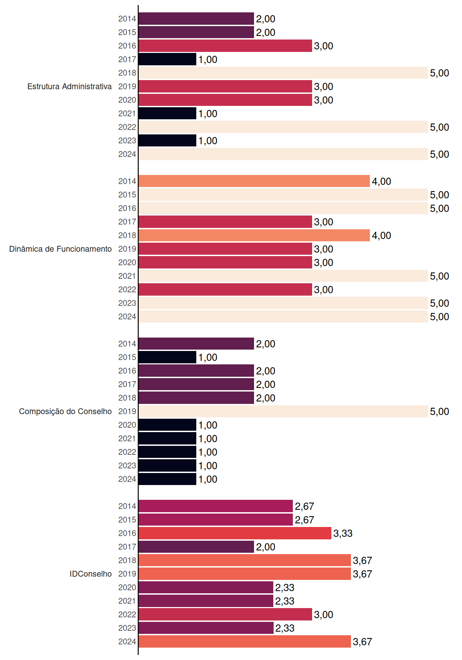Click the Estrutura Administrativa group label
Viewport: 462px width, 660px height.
tap(69, 86)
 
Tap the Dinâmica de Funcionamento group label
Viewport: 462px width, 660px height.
tap(60, 249)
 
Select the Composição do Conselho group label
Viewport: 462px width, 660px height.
tap(65, 411)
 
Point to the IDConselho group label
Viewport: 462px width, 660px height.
tap(91, 574)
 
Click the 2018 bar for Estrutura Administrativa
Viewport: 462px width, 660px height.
tap(283, 73)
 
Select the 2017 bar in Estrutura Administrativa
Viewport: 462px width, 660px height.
tap(167, 59)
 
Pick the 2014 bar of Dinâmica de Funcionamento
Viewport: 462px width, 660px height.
tap(254, 181)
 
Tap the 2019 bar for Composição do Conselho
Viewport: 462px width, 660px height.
tap(283, 411)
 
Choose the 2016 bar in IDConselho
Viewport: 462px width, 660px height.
tap(235, 533)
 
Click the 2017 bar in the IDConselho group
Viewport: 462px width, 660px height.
tap(196, 547)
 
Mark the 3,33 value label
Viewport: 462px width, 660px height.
tap(343, 533)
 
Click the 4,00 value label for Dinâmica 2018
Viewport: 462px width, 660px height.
tap(382, 235)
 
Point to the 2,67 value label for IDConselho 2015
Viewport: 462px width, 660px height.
tap(305, 520)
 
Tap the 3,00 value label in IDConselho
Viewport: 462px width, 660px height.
tap(324, 615)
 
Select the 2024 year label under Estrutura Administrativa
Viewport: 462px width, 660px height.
tap(127, 154)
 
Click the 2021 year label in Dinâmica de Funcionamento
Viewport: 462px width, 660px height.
tap(127, 276)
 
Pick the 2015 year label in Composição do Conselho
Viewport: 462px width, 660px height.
tap(127, 357)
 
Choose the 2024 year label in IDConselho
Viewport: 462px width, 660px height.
tap(127, 641)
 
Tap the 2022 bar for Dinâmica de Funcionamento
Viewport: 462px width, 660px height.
tap(225, 289)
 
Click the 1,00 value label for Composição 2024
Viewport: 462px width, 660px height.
tap(208, 479)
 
